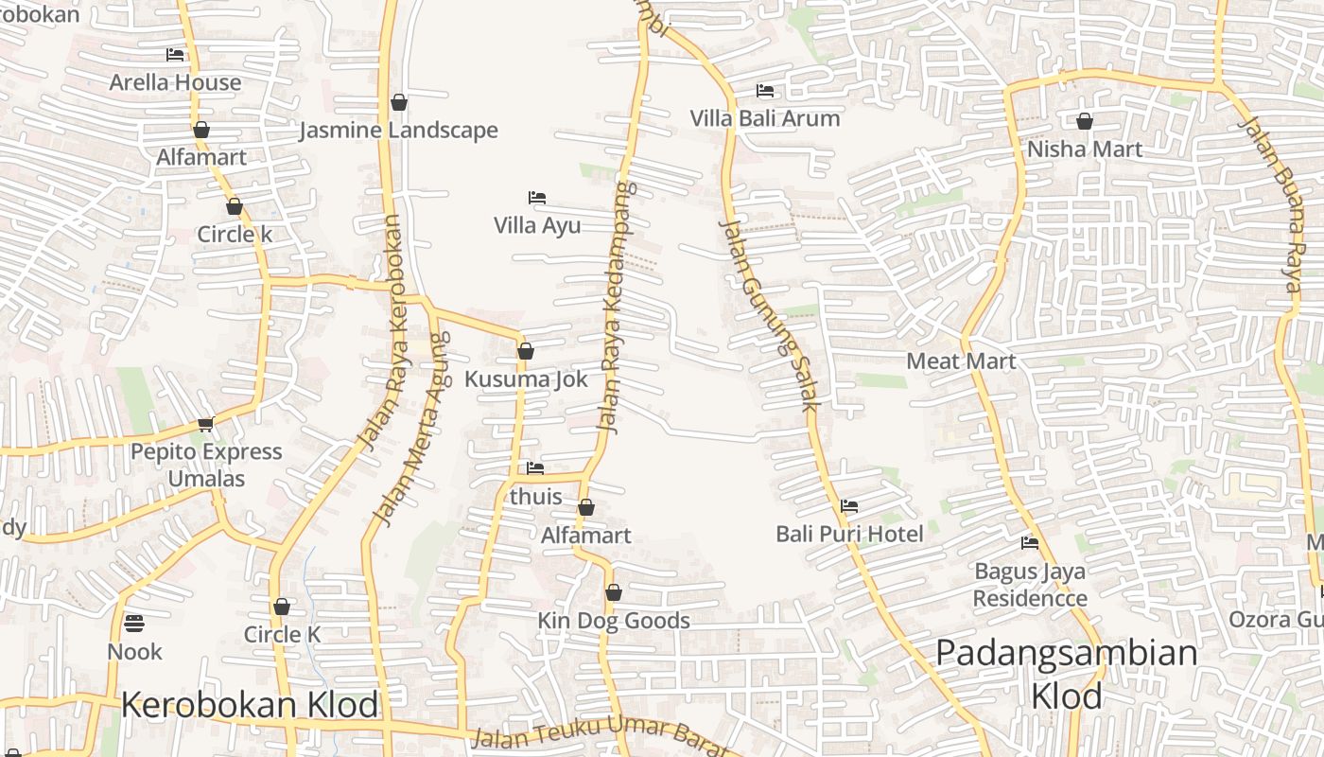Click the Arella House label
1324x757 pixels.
tap(175, 82)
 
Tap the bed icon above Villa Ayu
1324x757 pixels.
tap(536, 198)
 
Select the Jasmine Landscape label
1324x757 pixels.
tap(398, 130)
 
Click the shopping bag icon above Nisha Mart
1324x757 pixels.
tap(1084, 121)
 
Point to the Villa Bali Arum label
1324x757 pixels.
tap(764, 118)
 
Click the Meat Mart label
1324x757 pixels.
tap(961, 361)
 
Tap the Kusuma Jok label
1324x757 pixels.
tap(526, 379)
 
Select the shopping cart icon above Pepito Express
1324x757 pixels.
tap(205, 424)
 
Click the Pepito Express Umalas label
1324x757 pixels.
tap(206, 465)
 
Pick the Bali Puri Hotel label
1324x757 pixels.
tap(849, 534)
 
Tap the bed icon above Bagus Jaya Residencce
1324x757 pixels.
tap(1030, 543)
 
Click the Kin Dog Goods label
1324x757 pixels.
tap(614, 621)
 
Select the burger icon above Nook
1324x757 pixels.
tap(134, 624)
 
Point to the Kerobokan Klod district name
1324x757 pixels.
tap(250, 705)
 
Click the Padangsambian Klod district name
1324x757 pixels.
tap(1067, 674)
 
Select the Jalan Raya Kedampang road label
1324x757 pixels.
tap(617, 308)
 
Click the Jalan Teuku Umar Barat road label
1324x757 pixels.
tap(596, 736)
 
